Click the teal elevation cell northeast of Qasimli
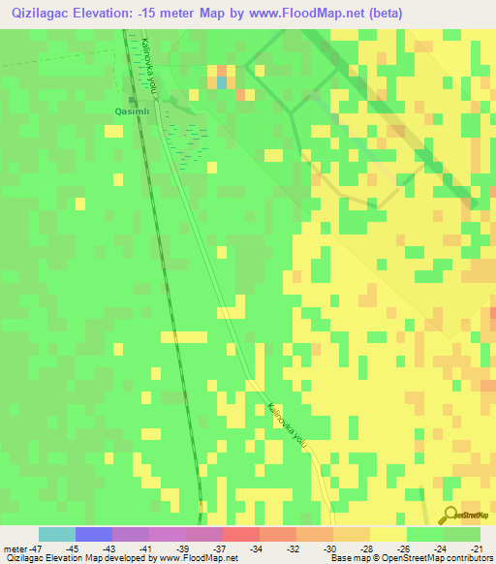(x=222, y=82)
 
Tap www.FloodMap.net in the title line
(x=310, y=14)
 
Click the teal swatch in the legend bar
(x=57, y=534)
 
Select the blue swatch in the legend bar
(x=94, y=534)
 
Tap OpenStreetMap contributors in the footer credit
(x=445, y=559)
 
